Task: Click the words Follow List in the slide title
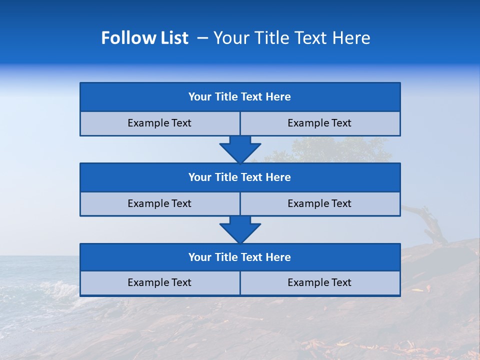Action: [144, 38]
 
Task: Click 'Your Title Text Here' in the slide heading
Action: [291, 38]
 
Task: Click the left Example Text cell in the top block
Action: [159, 123]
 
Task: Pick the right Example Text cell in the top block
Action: [319, 123]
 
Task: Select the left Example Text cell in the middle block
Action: [159, 203]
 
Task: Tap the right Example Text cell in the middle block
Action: [319, 203]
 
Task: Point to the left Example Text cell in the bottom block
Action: [159, 282]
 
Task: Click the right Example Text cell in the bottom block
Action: [319, 282]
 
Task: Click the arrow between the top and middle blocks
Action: [240, 149]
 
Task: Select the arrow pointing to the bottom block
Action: [240, 229]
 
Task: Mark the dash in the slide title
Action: [203, 38]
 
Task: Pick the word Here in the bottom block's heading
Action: [278, 257]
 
